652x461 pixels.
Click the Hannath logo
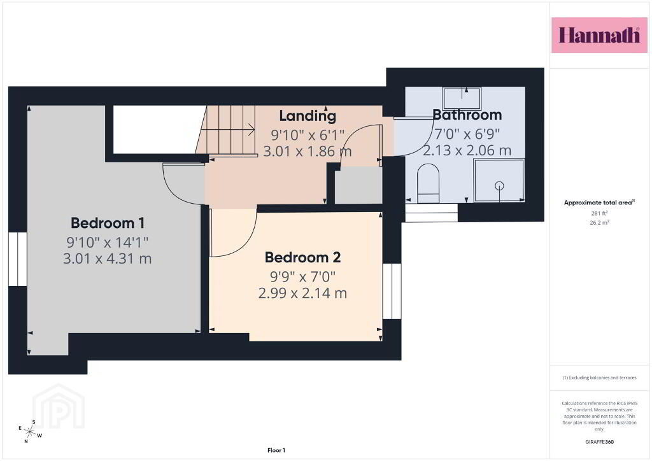pos(599,35)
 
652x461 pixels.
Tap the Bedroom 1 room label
pos(108,223)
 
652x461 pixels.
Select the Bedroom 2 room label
pos(302,257)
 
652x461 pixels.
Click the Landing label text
pos(308,117)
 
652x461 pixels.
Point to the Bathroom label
pos(467,115)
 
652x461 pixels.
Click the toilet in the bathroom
pos(428,183)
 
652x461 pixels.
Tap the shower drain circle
pos(499,185)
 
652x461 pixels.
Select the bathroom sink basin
pos(462,99)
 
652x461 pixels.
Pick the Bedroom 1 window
pos(18,259)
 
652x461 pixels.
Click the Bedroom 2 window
pos(392,291)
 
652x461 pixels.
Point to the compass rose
pos(30,432)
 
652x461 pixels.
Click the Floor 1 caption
pos(276,450)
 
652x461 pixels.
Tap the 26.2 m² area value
pos(599,222)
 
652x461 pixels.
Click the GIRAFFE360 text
pos(599,442)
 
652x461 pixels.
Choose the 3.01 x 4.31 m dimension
pos(107,259)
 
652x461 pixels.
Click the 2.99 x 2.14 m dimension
pos(302,293)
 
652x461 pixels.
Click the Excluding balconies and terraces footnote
pos(599,378)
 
